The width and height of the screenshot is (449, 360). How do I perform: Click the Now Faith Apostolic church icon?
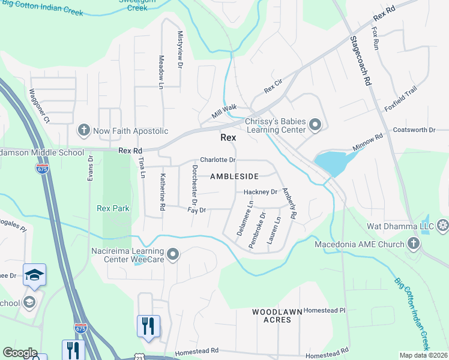pos(83,130)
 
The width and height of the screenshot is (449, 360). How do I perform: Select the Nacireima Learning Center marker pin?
pos(173,255)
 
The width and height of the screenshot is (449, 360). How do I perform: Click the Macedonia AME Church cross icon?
pos(413,244)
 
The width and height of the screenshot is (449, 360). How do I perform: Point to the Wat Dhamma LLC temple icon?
pos(443,226)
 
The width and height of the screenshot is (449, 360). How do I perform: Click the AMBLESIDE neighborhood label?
pos(234,176)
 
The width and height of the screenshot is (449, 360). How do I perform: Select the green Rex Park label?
pos(113,209)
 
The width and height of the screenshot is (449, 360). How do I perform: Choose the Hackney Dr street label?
pos(260,192)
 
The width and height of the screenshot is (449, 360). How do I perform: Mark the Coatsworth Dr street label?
pos(413,130)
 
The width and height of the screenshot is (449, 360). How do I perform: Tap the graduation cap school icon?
pos(34,275)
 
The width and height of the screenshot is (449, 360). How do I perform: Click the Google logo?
pos(19,353)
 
